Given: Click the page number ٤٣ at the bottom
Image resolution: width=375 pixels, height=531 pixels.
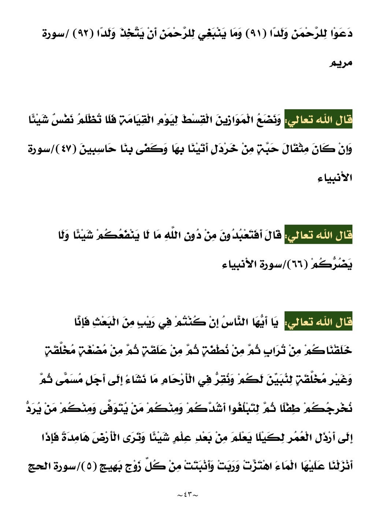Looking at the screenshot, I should [x=187, y=495].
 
